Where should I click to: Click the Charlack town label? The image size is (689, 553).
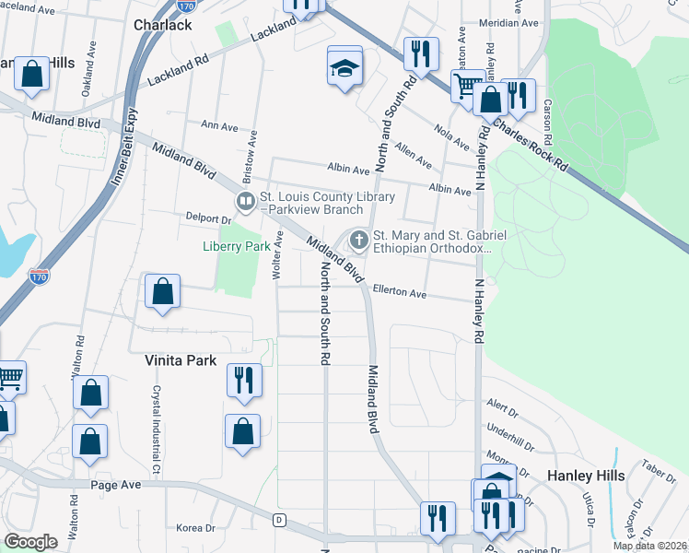click(162, 25)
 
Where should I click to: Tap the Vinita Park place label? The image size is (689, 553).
click(180, 361)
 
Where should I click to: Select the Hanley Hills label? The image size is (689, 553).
click(587, 476)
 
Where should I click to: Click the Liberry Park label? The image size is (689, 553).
click(237, 246)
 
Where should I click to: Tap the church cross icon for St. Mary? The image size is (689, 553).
click(357, 241)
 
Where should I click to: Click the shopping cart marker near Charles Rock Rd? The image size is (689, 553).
click(468, 87)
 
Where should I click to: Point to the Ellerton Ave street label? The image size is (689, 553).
click(399, 292)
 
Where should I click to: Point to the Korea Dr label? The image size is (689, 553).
click(194, 528)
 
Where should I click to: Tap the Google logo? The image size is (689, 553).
click(30, 542)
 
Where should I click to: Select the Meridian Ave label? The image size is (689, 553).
click(516, 23)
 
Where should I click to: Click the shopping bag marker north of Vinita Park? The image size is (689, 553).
click(162, 292)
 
